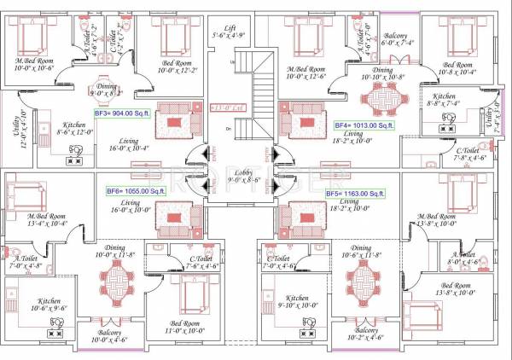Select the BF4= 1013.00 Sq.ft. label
pyautogui.click(x=366, y=125)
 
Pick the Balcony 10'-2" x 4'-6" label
pyautogui.click(x=366, y=334)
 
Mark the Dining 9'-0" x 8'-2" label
pyautogui.click(x=107, y=90)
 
